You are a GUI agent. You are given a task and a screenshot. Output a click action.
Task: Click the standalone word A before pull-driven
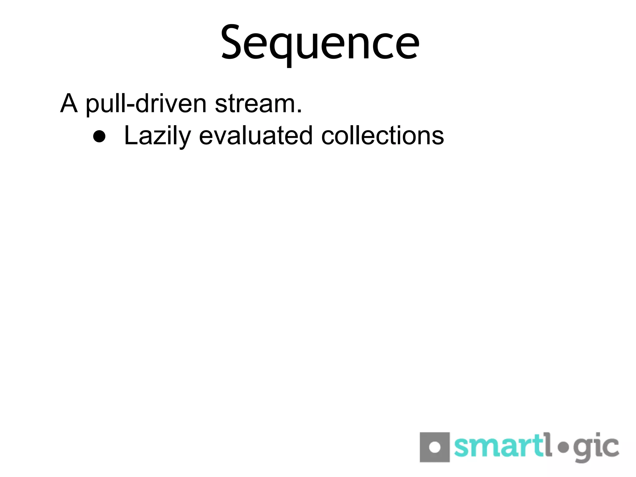tap(69, 103)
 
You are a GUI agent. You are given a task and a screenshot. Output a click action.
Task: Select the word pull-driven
tap(146, 104)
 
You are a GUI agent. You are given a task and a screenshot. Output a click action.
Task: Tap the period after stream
tap(299, 111)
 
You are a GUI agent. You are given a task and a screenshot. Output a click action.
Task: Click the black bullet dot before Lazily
tap(99, 136)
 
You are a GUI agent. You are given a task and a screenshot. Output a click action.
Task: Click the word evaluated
tap(255, 135)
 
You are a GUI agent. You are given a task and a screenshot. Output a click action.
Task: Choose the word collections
tap(383, 135)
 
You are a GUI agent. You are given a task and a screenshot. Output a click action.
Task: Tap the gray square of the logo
tap(434, 447)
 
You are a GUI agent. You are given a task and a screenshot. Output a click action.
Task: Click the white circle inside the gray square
tap(435, 447)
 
